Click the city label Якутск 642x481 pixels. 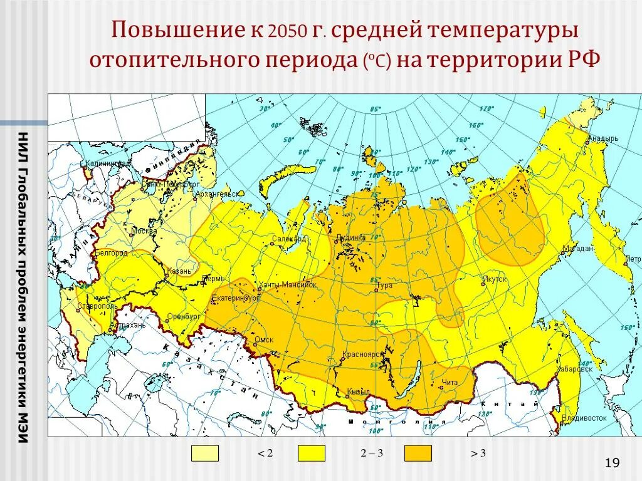point(495,279)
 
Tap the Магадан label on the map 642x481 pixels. point(577,249)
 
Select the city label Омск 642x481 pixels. point(265,340)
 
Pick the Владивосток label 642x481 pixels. point(584,417)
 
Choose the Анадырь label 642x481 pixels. point(603,139)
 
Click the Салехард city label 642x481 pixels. point(289,239)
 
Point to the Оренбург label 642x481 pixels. point(183,316)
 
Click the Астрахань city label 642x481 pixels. point(128,325)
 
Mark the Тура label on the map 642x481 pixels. point(384,286)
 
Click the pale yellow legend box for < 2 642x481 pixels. point(205,453)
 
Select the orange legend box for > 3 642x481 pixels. point(418,453)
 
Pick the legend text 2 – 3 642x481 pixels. point(372,453)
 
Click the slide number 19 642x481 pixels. point(612,463)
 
